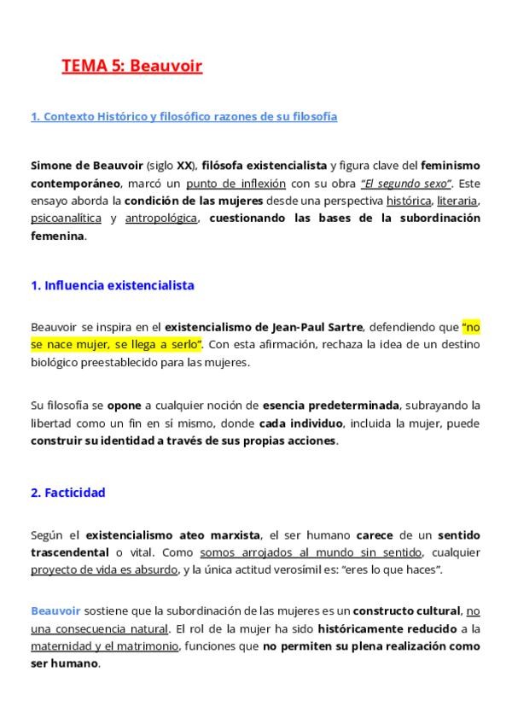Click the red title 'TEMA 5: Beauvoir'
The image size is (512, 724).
[x=131, y=67]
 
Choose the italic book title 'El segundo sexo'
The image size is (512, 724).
[x=404, y=183]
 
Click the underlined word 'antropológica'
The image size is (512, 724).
[x=160, y=219]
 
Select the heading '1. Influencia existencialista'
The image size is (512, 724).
[x=113, y=285]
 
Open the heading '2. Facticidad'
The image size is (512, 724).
[x=68, y=493]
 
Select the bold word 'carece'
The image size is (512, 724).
[x=375, y=535]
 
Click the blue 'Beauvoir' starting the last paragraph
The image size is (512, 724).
[x=55, y=611]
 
